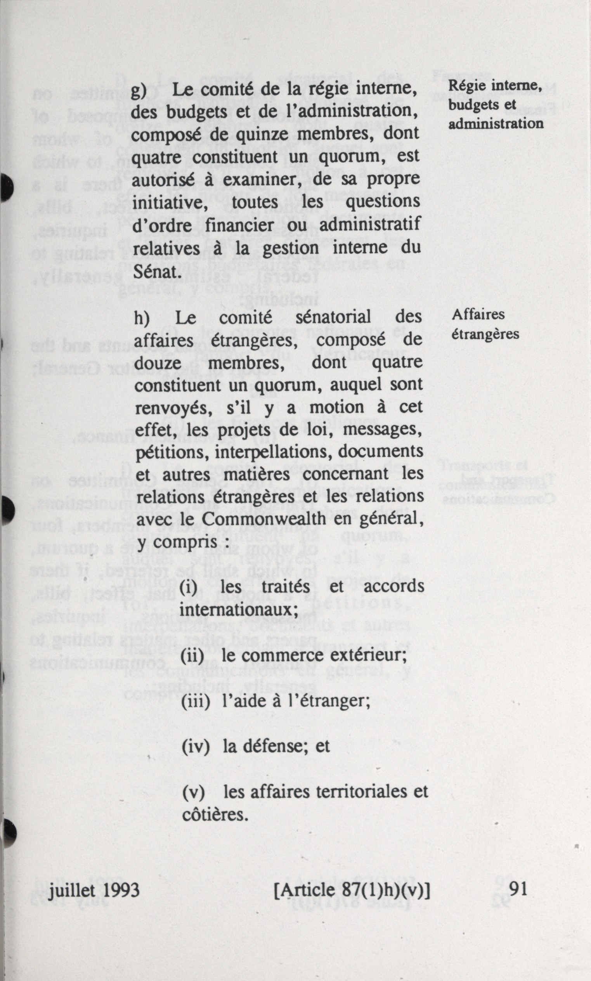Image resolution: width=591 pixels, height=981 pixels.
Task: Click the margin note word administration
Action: pos(496,123)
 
